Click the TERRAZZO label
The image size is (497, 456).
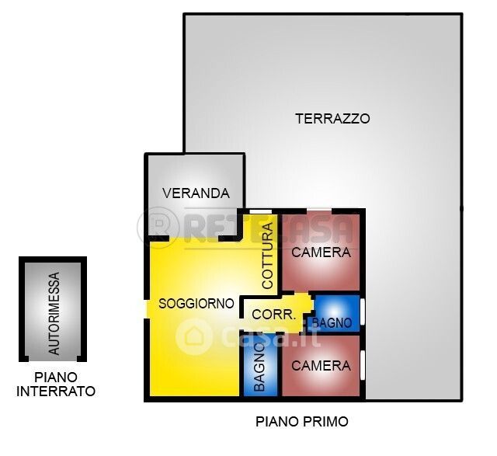point(332,119)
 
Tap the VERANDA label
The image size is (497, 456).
point(196,193)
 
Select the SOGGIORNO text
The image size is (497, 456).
point(196,304)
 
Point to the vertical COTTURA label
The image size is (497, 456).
point(268,256)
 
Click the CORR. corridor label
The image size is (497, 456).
point(274,315)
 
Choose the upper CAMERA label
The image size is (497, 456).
point(321,252)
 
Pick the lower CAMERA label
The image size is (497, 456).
point(321,366)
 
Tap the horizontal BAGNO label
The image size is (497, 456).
point(332,323)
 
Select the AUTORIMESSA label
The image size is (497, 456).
point(54,313)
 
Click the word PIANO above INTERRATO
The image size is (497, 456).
point(56,378)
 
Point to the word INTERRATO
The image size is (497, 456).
point(56,392)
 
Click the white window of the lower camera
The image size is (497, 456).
point(363,365)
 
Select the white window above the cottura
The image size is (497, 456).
point(261,211)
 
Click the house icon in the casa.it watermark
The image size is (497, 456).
point(193,336)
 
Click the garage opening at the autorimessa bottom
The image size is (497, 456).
point(53,359)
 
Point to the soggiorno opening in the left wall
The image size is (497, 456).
point(147,309)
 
